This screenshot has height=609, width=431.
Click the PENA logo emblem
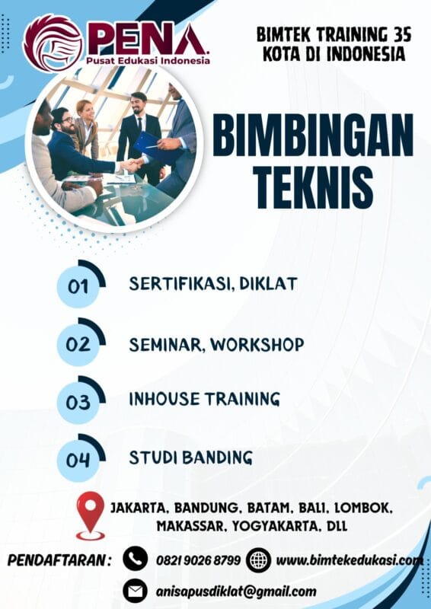click(x=51, y=43)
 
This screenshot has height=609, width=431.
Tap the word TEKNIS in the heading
click(x=312, y=185)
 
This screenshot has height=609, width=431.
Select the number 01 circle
click(x=78, y=287)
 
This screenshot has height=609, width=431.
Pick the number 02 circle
click(x=78, y=344)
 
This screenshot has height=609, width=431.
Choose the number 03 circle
click(x=78, y=402)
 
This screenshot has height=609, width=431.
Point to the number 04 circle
click(x=78, y=460)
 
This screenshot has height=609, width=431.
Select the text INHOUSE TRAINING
click(x=204, y=399)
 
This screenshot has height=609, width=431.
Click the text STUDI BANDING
click(x=190, y=458)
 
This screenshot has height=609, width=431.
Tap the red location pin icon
click(x=91, y=513)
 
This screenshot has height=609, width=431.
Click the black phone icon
click(x=135, y=560)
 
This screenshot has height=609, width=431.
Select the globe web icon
click(x=259, y=560)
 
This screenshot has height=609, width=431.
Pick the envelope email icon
click(x=135, y=591)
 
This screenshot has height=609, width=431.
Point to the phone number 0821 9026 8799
click(x=198, y=560)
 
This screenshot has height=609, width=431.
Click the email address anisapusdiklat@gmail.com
click(x=236, y=591)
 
